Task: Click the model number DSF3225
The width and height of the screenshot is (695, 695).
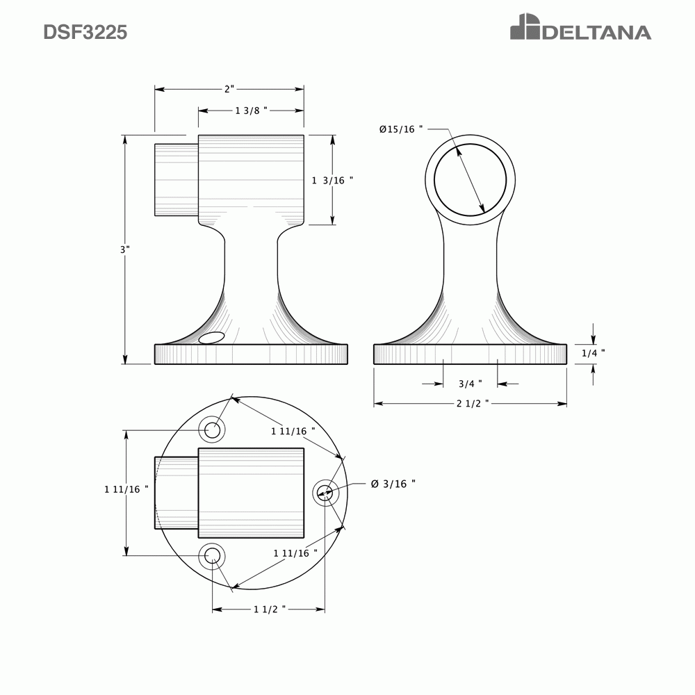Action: pyautogui.click(x=85, y=33)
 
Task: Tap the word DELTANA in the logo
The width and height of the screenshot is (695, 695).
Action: pyautogui.click(x=596, y=33)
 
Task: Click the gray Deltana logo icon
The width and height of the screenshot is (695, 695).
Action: pyautogui.click(x=524, y=28)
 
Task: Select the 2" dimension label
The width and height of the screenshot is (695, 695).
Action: pyautogui.click(x=229, y=89)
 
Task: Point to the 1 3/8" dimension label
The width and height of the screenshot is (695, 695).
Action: pyautogui.click(x=251, y=111)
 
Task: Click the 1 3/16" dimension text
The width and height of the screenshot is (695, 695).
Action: pyautogui.click(x=332, y=180)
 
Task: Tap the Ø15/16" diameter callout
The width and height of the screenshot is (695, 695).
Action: pyautogui.click(x=401, y=129)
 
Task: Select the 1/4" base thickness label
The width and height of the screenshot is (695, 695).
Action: pyautogui.click(x=593, y=353)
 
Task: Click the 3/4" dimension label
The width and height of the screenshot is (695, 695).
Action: pyautogui.click(x=471, y=384)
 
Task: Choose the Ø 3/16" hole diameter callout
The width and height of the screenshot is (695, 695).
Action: pyautogui.click(x=393, y=484)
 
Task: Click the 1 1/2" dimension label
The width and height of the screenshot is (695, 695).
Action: pyautogui.click(x=270, y=610)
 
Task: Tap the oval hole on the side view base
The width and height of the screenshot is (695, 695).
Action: pyautogui.click(x=211, y=338)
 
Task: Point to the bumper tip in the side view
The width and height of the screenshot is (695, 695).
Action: pyautogui.click(x=175, y=180)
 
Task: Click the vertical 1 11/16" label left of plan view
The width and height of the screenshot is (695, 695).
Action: pyautogui.click(x=126, y=489)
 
